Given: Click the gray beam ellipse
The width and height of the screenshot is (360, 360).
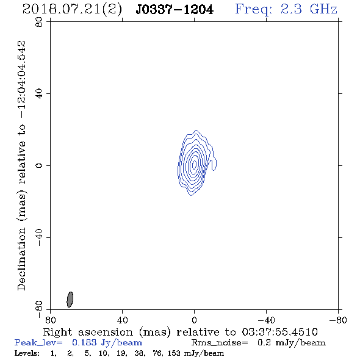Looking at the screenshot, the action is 70,300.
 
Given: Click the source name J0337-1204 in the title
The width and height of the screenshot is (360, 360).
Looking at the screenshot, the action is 175,10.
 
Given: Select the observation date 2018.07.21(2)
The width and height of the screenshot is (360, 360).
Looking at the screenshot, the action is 72,10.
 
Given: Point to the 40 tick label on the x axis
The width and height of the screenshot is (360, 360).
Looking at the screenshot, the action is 122,320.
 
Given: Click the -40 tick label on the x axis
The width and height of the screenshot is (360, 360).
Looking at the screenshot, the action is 266,320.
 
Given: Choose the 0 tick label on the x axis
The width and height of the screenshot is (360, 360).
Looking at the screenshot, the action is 194,320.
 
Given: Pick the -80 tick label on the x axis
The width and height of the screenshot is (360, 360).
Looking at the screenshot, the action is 338,320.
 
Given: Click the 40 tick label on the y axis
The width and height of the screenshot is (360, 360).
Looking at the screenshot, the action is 39,94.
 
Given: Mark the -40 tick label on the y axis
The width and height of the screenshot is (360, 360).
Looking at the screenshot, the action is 39,237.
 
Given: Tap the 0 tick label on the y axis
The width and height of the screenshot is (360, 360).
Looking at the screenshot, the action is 39,165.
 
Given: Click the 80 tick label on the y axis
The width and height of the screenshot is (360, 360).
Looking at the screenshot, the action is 39,22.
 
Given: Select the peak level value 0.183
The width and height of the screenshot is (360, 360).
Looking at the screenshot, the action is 84,342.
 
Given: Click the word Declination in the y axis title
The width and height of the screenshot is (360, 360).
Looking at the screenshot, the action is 21,259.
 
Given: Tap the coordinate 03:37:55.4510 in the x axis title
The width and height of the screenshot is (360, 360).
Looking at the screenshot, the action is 279,332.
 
